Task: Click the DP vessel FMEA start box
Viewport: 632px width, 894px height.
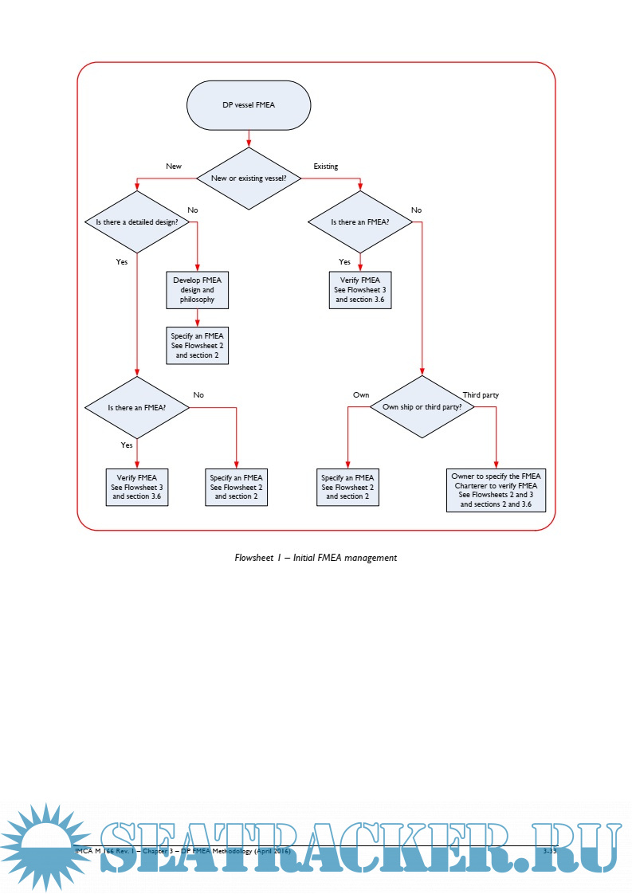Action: click(x=249, y=104)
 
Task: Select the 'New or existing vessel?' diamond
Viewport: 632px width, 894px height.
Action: click(x=249, y=178)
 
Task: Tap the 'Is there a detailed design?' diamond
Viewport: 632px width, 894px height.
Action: click(x=137, y=222)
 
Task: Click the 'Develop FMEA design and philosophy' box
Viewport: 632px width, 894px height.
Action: click(x=197, y=289)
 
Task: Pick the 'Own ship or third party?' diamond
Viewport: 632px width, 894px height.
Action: click(x=422, y=406)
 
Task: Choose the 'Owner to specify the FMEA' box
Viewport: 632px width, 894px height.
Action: click(x=496, y=490)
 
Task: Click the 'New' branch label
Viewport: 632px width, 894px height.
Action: click(x=174, y=167)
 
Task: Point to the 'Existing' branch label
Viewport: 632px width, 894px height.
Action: click(x=325, y=167)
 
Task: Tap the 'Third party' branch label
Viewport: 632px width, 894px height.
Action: click(x=481, y=394)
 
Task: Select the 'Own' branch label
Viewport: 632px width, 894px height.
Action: click(x=361, y=394)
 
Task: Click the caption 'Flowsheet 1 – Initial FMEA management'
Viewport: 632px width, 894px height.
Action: click(x=316, y=558)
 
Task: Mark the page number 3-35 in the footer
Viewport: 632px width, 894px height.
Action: click(x=549, y=852)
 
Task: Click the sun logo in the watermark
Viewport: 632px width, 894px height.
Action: click(x=44, y=846)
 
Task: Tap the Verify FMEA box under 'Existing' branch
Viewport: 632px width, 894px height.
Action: click(x=360, y=290)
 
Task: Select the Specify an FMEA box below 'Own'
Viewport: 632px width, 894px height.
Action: click(x=347, y=486)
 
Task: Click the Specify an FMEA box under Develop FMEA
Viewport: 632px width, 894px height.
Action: click(x=197, y=345)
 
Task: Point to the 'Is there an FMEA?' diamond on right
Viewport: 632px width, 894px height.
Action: click(x=360, y=222)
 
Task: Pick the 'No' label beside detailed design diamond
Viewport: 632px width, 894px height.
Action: click(x=193, y=210)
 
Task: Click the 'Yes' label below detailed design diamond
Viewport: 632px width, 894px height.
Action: click(x=122, y=261)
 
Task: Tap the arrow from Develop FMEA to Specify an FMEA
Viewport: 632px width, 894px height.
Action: click(x=197, y=317)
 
